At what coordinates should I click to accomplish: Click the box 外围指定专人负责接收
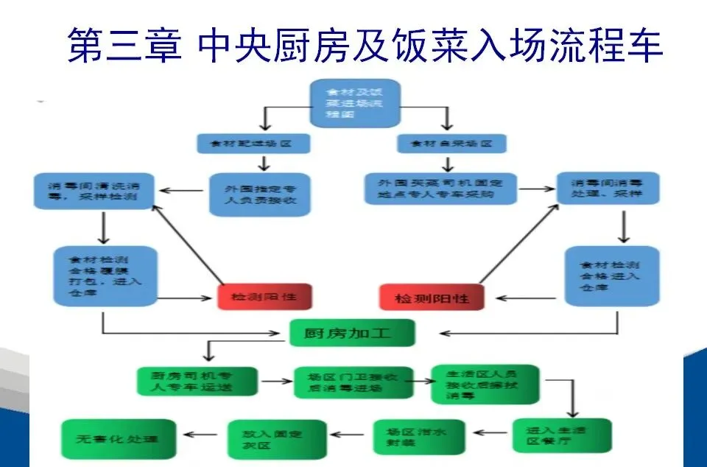tap(258, 194)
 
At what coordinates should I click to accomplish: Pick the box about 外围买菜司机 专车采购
tap(440, 188)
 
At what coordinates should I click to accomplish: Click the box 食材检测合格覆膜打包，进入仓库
tap(105, 275)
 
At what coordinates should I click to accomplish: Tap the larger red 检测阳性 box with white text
tap(432, 298)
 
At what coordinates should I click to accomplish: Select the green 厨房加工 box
tap(351, 333)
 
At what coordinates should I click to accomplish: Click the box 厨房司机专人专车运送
tap(197, 381)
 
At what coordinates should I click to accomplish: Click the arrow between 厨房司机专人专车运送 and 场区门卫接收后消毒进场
tap(276, 382)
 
